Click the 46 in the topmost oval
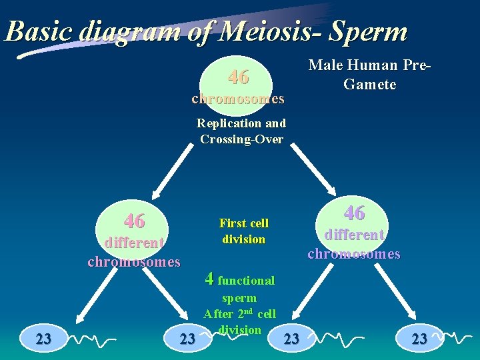(x=238, y=77)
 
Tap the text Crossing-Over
(x=241, y=139)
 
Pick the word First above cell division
(x=233, y=223)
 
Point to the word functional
(x=246, y=281)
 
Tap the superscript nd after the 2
(x=249, y=311)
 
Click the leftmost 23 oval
(x=43, y=338)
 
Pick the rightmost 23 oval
(x=419, y=339)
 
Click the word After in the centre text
(x=218, y=314)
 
